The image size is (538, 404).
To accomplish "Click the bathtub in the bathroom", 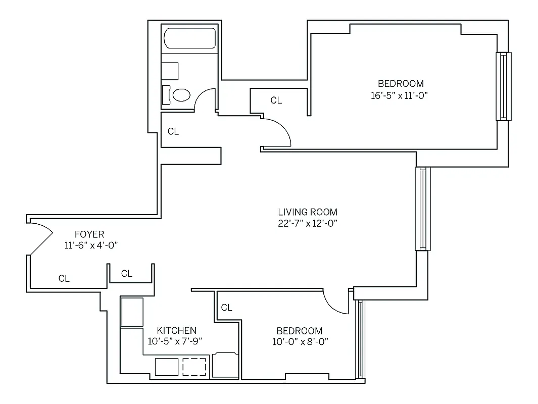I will click(190, 38).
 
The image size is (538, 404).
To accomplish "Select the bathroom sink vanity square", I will click(170, 71).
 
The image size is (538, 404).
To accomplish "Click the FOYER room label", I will click(89, 234).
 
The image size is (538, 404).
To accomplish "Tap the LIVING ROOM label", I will click(308, 212).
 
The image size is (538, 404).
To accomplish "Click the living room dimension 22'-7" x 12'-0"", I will click(308, 223).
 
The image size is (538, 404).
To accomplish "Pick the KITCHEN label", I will click(176, 330).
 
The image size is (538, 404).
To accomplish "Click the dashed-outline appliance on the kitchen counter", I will click(194, 367).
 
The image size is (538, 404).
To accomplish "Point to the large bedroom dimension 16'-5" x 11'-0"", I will click(400, 95).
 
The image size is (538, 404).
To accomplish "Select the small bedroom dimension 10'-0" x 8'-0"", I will click(299, 341).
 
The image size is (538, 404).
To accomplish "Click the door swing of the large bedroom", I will click(278, 132).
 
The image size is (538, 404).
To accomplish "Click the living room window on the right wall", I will click(422, 209).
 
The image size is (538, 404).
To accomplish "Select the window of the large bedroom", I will click(503, 86).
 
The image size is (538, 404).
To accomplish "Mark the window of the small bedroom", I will click(359, 339).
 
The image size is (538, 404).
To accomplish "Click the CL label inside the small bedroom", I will click(227, 308).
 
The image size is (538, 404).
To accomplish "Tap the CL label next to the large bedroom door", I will click(276, 100).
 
